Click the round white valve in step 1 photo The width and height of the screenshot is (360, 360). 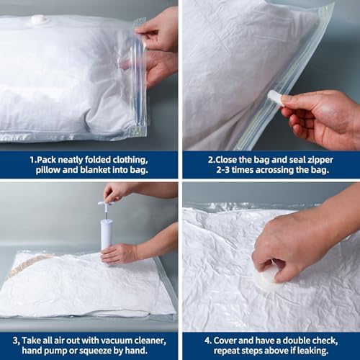tap(38, 19)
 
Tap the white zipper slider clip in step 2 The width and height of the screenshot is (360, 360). tap(275, 98)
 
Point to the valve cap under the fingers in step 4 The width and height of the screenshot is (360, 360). tap(265, 279)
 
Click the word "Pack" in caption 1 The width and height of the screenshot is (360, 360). tap(47, 160)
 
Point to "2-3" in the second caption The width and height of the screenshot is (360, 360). tap(223, 170)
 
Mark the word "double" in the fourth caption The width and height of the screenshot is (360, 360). tap(297, 341)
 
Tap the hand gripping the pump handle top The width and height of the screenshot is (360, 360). tap(117, 192)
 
